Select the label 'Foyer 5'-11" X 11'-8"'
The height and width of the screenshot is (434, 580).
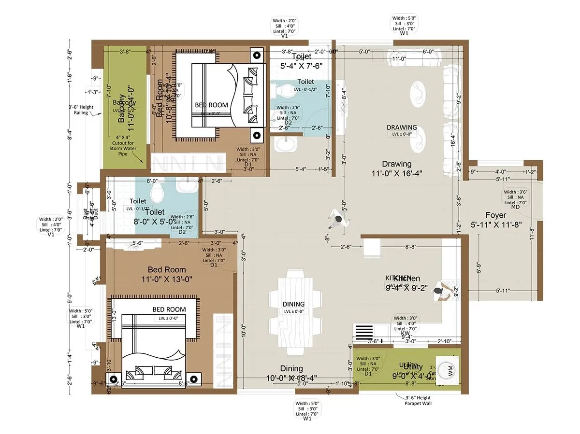tap(496, 220)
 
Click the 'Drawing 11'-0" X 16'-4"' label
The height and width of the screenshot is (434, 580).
tap(397, 168)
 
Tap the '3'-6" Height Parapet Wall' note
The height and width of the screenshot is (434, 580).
tap(419, 401)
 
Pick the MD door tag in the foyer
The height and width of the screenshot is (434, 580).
tap(515, 207)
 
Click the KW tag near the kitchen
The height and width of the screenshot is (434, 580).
tap(406, 333)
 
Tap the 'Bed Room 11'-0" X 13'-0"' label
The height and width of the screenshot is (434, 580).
tap(167, 274)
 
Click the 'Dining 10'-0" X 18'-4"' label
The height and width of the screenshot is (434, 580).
tap(291, 373)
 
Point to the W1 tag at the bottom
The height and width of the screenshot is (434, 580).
tap(307, 419)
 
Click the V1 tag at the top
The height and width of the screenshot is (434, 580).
tap(284, 35)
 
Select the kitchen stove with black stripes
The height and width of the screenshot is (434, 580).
tap(365, 333)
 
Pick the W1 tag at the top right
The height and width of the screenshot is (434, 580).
tap(404, 33)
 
